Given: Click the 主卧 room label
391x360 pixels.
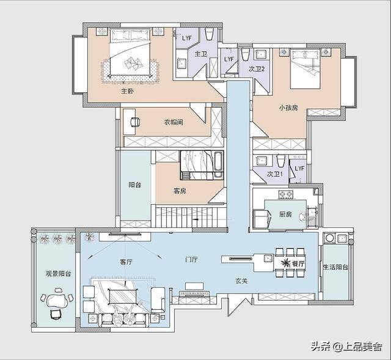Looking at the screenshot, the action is (x=128, y=91).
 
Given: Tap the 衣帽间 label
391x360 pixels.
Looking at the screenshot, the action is (x=174, y=122).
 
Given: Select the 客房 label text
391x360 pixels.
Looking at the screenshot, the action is (x=180, y=191).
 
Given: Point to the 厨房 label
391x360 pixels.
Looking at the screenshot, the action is (x=285, y=214).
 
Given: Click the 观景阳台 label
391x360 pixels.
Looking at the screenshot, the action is (x=58, y=274).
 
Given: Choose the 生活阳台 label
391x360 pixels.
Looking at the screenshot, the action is (x=335, y=267).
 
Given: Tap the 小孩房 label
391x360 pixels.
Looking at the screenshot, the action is (x=288, y=108).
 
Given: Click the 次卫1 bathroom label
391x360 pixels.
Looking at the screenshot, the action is (x=275, y=174).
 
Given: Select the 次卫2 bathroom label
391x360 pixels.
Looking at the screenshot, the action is (x=257, y=69).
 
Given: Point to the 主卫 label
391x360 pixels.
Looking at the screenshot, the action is (x=201, y=54).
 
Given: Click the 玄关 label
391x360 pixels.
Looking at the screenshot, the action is (x=241, y=281).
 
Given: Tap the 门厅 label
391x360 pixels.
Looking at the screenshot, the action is (x=191, y=260).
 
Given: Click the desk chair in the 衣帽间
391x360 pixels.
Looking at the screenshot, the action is (x=136, y=122).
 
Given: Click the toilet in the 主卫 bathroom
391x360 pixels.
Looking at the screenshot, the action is (x=209, y=34).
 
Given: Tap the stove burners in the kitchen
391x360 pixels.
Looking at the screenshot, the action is (x=285, y=194).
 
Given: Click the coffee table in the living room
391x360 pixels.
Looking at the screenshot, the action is (x=123, y=296).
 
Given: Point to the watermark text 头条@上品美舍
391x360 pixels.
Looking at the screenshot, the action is (x=346, y=347).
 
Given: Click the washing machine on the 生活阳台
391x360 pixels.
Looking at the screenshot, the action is (x=329, y=238).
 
